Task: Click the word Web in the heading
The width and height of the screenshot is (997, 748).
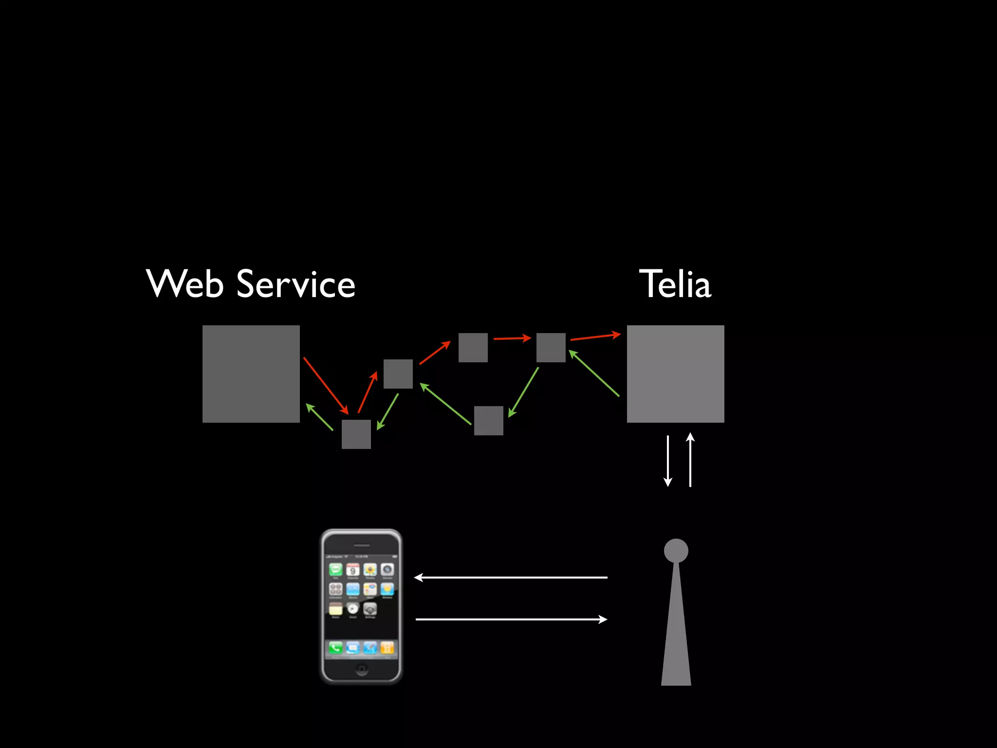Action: (x=185, y=284)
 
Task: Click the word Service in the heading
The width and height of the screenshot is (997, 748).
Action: (x=296, y=284)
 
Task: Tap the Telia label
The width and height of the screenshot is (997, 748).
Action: (x=675, y=284)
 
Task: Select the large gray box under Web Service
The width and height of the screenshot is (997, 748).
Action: (x=251, y=374)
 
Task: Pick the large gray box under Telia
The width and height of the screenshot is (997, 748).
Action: (x=675, y=374)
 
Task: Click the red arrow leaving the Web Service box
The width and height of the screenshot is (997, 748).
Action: (x=325, y=385)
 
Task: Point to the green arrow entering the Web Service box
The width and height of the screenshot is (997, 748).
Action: (x=319, y=417)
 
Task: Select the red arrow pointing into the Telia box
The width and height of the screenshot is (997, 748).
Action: (x=595, y=337)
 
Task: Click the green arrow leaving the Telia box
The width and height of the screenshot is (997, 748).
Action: (x=594, y=374)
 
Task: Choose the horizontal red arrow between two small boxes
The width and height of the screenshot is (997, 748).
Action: (x=512, y=338)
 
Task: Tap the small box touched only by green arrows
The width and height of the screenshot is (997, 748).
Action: (x=488, y=420)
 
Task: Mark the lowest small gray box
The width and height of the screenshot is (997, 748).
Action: (x=356, y=434)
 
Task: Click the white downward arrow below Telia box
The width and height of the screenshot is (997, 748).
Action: (x=668, y=461)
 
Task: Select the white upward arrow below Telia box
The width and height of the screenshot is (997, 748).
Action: (x=690, y=460)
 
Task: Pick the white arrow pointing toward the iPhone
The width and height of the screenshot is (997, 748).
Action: (x=511, y=578)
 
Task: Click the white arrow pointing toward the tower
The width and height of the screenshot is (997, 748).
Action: (x=511, y=619)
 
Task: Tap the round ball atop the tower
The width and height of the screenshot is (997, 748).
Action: (x=676, y=551)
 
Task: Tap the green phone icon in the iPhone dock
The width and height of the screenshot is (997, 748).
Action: (x=335, y=648)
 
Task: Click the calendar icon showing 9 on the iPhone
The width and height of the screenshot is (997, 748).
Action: (x=353, y=570)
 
